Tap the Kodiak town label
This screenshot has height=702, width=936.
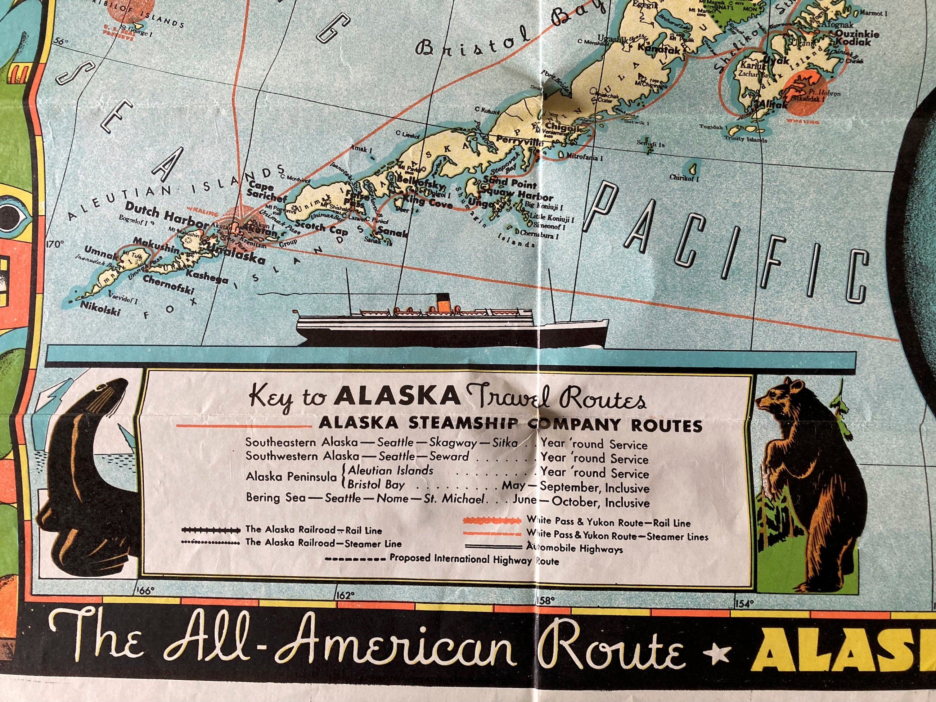click(x=853, y=42)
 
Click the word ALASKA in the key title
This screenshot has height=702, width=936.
click(x=397, y=396)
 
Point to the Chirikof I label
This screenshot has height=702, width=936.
click(x=684, y=178)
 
